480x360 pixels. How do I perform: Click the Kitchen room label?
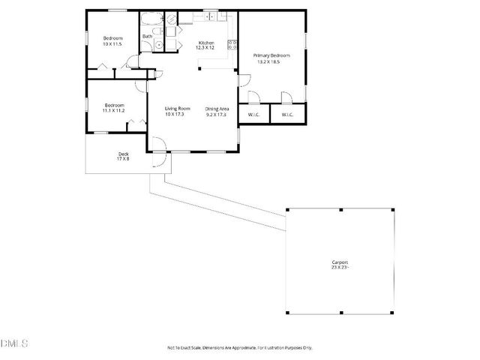click(206, 43)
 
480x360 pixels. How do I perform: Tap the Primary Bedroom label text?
click(271, 55)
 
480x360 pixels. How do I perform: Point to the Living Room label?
click(177, 109)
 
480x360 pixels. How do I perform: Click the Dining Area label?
click(216, 109)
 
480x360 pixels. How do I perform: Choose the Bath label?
click(148, 36)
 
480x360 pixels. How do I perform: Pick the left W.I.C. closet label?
click(253, 115)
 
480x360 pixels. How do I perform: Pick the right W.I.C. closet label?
click(287, 115)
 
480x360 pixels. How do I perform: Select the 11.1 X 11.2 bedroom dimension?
click(114, 110)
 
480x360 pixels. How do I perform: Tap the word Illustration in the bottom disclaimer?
click(277, 347)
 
